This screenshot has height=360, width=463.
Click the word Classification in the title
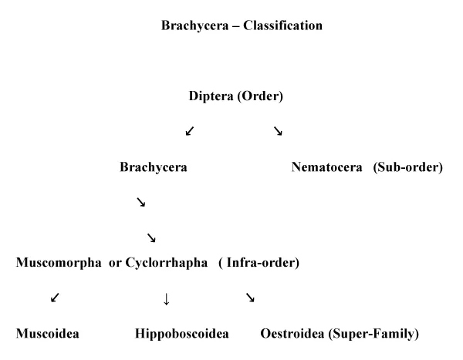(x=282, y=25)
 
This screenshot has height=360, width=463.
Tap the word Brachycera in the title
(x=195, y=26)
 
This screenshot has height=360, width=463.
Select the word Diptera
(x=211, y=96)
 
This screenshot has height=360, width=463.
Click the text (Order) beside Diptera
(x=260, y=96)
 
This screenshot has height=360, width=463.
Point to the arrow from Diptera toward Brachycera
(x=190, y=131)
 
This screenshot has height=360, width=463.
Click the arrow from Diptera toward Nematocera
(x=278, y=131)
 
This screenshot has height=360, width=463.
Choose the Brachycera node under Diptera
(x=154, y=167)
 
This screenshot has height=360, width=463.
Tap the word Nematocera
(x=326, y=167)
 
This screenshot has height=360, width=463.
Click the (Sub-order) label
(x=407, y=167)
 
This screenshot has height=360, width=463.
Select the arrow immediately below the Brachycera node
(x=141, y=202)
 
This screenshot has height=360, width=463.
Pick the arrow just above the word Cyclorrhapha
(x=151, y=237)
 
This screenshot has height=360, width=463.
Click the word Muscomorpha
(x=59, y=263)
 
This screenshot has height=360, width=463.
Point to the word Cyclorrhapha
(x=166, y=263)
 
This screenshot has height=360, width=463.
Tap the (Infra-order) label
(x=259, y=263)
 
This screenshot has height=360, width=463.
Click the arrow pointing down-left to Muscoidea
(x=55, y=298)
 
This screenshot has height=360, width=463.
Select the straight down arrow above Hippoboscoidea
(x=166, y=299)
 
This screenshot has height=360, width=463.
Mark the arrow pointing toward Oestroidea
(x=250, y=298)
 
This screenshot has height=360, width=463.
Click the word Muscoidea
(x=48, y=334)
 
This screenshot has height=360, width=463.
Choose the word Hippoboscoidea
(x=182, y=334)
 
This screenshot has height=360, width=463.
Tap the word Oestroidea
(x=292, y=334)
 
